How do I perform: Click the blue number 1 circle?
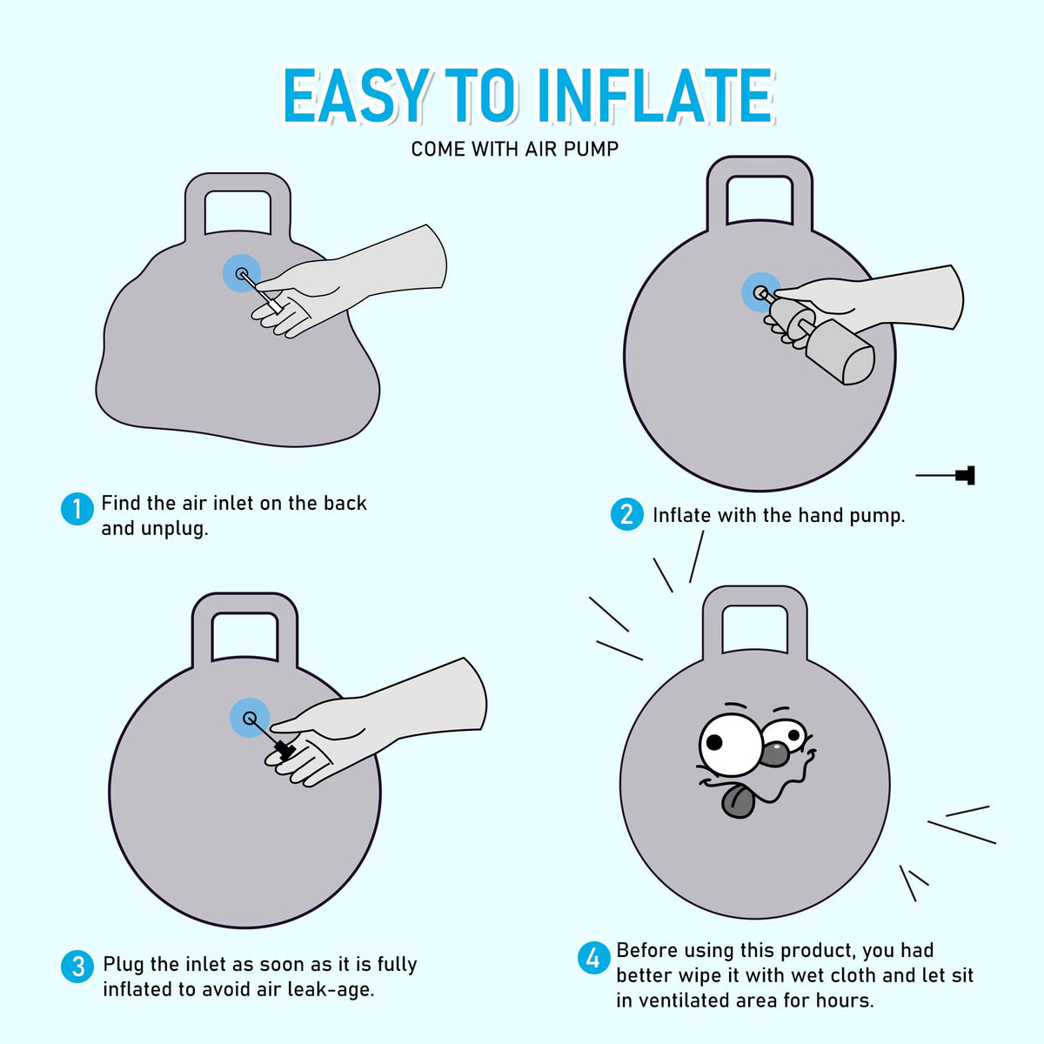[77, 509]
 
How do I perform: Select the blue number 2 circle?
[626, 514]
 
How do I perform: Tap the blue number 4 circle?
[594, 958]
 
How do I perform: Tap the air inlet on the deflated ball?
[242, 273]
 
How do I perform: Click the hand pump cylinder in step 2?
[840, 351]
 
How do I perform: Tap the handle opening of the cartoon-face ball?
[754, 628]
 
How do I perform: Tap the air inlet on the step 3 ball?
[249, 719]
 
